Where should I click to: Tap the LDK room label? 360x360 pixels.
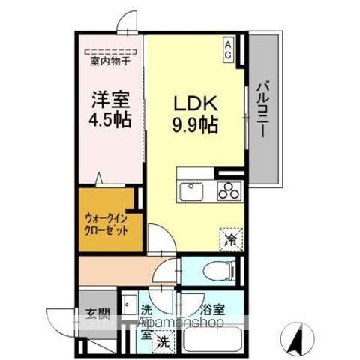[196, 102]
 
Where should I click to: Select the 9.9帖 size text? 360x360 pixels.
[196, 125]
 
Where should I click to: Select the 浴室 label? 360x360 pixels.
[213, 308]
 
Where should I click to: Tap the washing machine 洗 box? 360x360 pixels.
[161, 340]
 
